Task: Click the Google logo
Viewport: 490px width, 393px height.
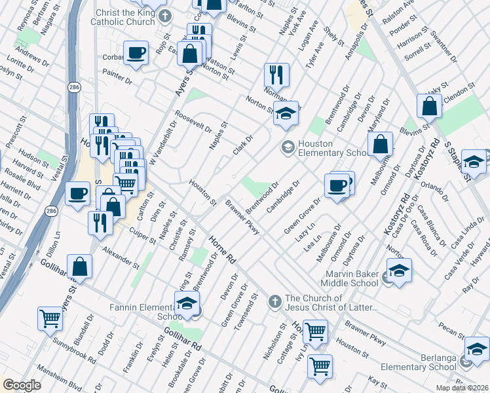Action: coord(22,385)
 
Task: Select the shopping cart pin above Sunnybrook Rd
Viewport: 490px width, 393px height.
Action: coord(50,318)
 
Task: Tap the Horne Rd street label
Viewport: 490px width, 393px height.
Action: coord(222,251)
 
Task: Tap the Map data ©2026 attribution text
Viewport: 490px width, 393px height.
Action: coord(461,388)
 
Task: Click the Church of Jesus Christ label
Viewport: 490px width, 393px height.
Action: coord(331,303)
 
